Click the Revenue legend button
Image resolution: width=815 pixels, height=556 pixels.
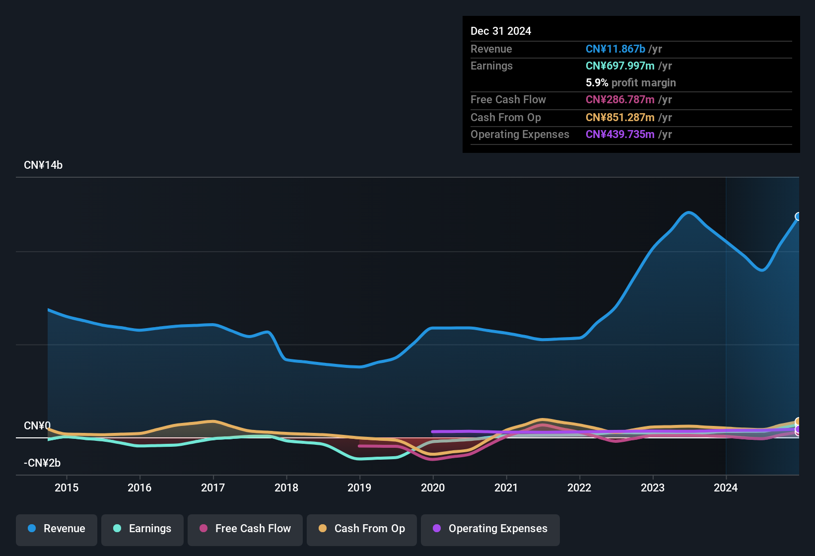(x=57, y=529)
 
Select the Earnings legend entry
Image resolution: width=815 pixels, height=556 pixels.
(x=142, y=529)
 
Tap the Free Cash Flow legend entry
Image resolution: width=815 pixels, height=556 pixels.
(x=245, y=529)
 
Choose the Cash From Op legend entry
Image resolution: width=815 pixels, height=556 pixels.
(x=362, y=529)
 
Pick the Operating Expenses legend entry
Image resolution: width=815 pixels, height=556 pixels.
(x=490, y=529)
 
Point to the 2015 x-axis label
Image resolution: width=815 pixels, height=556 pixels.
(x=67, y=487)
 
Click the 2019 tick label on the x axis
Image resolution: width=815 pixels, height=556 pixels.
(x=359, y=487)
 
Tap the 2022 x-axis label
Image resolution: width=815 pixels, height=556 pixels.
(x=579, y=487)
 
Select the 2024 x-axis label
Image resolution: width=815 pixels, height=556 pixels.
(x=726, y=487)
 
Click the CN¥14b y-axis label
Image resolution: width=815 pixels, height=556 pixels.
(x=43, y=165)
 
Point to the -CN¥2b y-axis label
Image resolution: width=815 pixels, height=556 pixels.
(x=42, y=463)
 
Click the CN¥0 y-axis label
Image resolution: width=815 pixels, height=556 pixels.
(x=37, y=426)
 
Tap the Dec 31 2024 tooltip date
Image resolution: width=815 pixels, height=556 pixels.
(x=501, y=31)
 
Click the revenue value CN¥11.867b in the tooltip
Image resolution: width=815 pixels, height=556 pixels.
(x=615, y=49)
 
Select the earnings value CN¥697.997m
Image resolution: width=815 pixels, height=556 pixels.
(x=620, y=66)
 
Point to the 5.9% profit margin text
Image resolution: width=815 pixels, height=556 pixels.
(x=630, y=83)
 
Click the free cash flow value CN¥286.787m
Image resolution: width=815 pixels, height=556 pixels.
(x=620, y=100)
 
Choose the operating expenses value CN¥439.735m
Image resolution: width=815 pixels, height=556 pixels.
(x=620, y=135)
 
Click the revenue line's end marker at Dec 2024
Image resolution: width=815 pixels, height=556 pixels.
(x=798, y=216)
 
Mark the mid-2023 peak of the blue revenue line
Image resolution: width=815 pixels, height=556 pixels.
(x=688, y=212)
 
